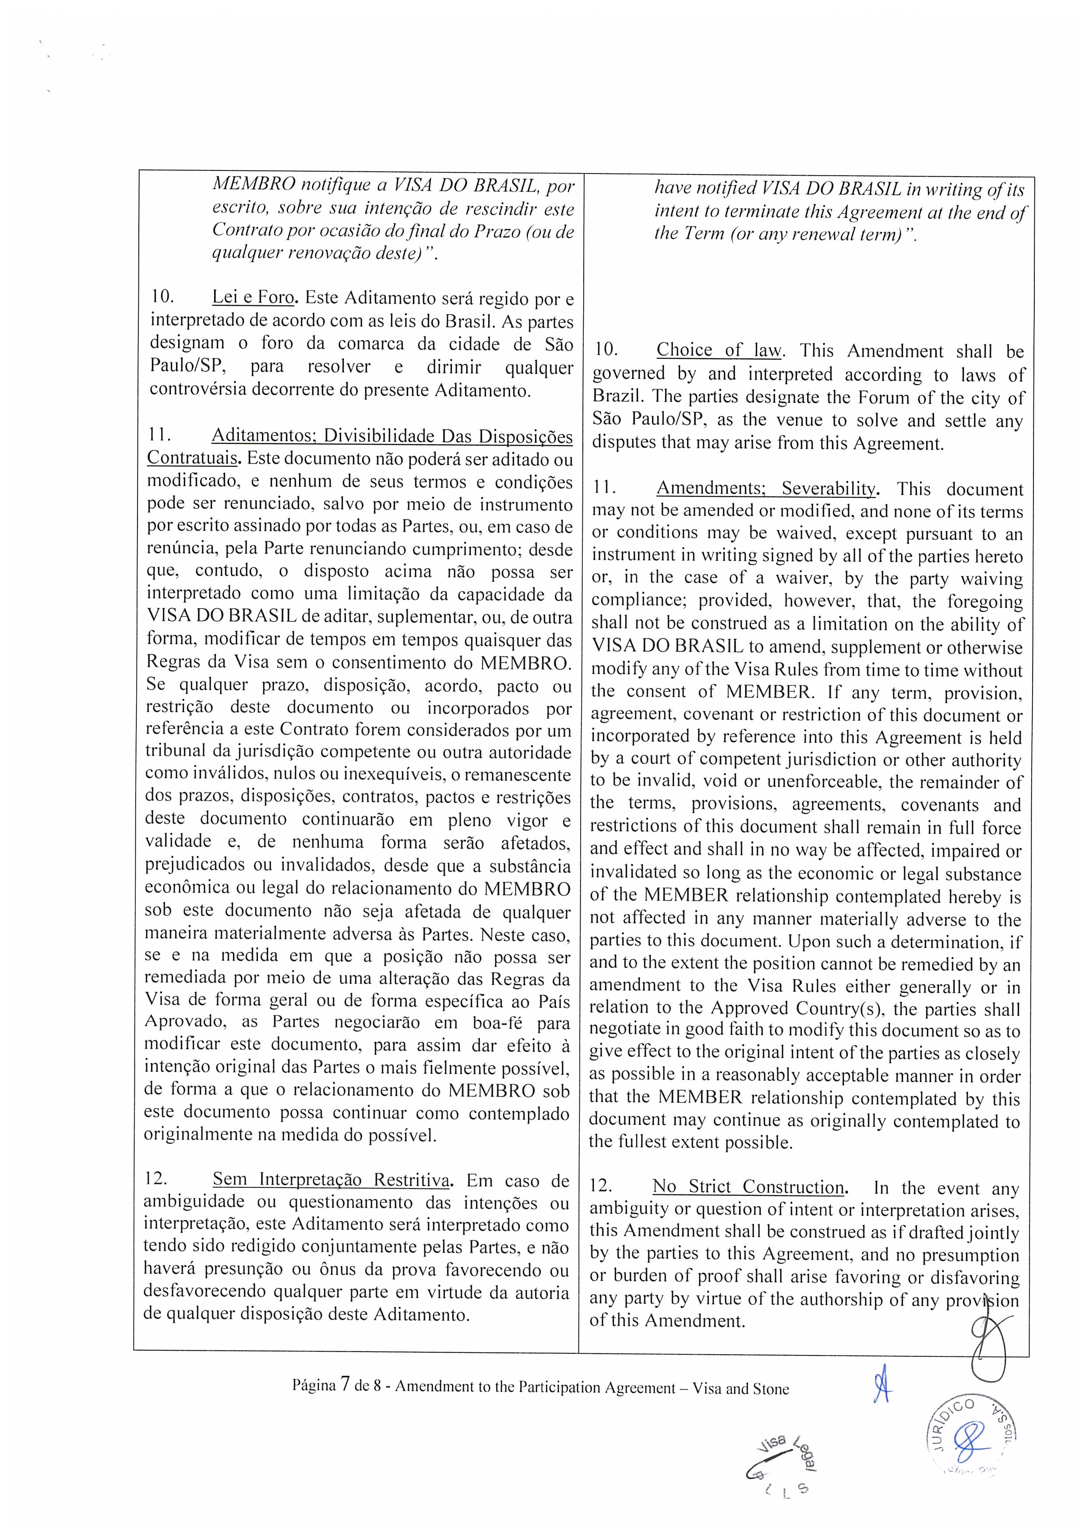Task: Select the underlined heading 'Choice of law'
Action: click(x=718, y=350)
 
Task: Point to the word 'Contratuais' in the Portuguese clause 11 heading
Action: click(x=190, y=459)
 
